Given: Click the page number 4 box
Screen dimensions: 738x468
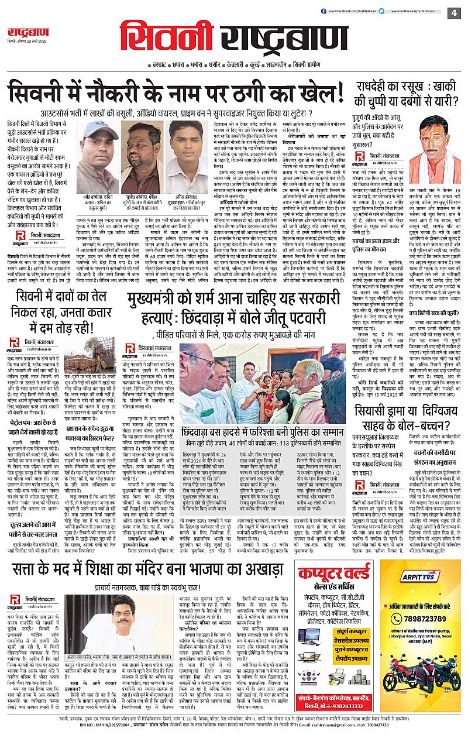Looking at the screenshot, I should click(454, 12).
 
